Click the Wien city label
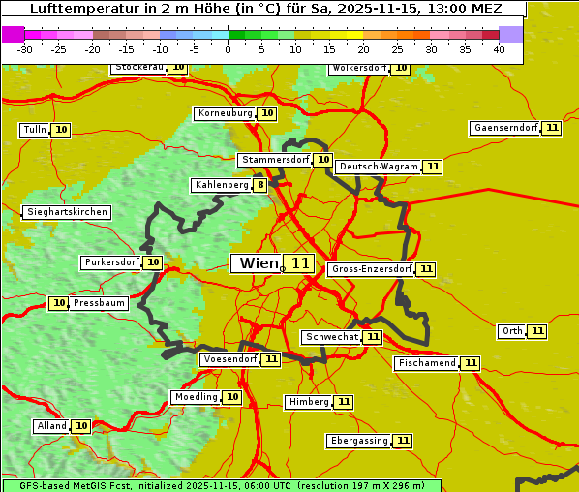pyautogui.click(x=258, y=263)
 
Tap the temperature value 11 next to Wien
pyautogui.click(x=300, y=263)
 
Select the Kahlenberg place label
pyautogui.click(x=222, y=185)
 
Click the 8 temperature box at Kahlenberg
pyautogui.click(x=260, y=185)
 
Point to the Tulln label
pyautogui.click(x=34, y=130)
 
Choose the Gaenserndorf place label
pyautogui.click(x=504, y=128)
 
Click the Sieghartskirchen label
pyautogui.click(x=67, y=212)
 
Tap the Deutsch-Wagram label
pyautogui.click(x=379, y=167)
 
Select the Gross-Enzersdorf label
pyautogui.click(x=371, y=269)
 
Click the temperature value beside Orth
pyautogui.click(x=537, y=331)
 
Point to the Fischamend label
pyautogui.click(x=426, y=363)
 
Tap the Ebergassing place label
pyautogui.click(x=358, y=441)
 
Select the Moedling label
pyautogui.click(x=197, y=397)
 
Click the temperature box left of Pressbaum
pyautogui.click(x=59, y=303)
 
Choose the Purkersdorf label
pyautogui.click(x=111, y=262)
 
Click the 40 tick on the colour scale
pyautogui.click(x=499, y=49)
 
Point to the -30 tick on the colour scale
pyautogui.click(x=25, y=49)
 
